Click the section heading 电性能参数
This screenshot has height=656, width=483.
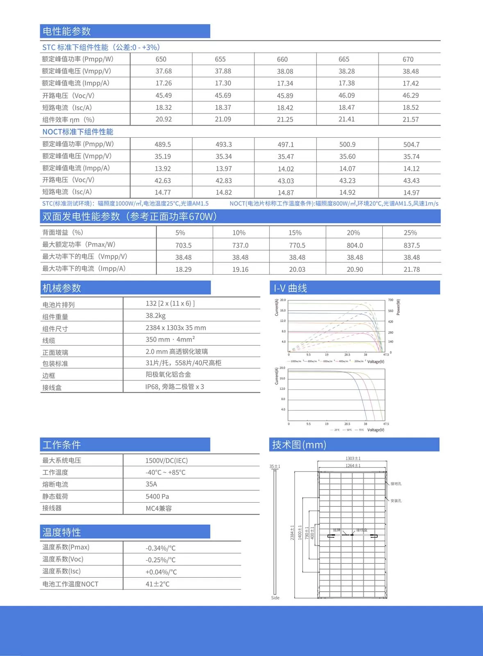coord(67,32)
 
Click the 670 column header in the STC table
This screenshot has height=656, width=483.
coord(408,59)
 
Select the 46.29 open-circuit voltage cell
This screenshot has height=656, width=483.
coord(410,96)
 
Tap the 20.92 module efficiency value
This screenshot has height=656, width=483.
coord(163,119)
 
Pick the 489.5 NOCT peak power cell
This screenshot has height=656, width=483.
coord(163,144)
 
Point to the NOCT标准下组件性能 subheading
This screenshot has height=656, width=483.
coord(78,132)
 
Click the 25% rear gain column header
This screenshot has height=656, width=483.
coord(410,233)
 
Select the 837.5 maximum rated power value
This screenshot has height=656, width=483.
coord(411,245)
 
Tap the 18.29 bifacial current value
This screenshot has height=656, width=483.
coord(183,269)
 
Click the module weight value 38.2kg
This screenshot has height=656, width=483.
coord(156,316)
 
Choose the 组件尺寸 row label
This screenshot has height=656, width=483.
coord(55,329)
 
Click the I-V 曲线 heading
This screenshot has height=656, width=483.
coord(290,288)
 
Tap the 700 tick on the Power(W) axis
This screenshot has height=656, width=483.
coord(390,300)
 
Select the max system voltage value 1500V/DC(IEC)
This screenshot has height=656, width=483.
coord(166,461)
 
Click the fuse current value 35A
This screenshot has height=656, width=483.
coord(151,484)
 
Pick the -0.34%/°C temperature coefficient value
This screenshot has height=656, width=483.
coord(161,548)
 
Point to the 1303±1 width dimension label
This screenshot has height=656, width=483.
coord(353,458)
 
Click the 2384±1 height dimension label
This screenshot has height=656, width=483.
coord(293,532)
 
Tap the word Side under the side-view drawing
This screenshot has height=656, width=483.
coord(275,598)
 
